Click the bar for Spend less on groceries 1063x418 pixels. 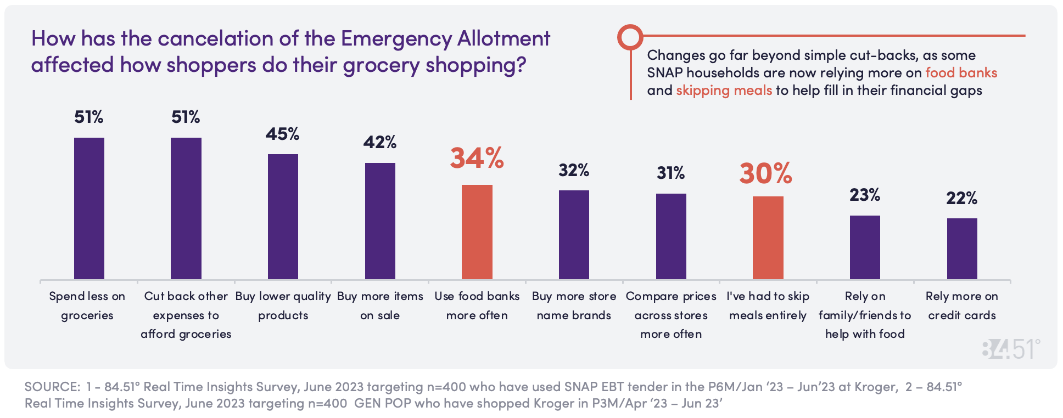89,208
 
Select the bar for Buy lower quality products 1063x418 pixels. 283,217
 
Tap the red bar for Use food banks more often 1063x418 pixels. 477,232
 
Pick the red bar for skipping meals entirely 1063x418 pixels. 768,238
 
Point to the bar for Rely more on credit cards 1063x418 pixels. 962,248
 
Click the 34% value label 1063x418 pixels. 477,158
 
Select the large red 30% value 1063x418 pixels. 765,173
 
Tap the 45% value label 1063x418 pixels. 282,134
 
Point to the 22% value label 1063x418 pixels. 961,198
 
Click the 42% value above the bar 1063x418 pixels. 379,143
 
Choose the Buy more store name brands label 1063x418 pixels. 574,306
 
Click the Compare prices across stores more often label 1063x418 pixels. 671,315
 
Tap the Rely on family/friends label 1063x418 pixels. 865,315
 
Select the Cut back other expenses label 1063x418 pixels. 186,315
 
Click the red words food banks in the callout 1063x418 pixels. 961,73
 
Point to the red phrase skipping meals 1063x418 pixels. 724,91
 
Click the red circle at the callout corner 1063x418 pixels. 630,37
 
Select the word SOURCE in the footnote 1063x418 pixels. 52,387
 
